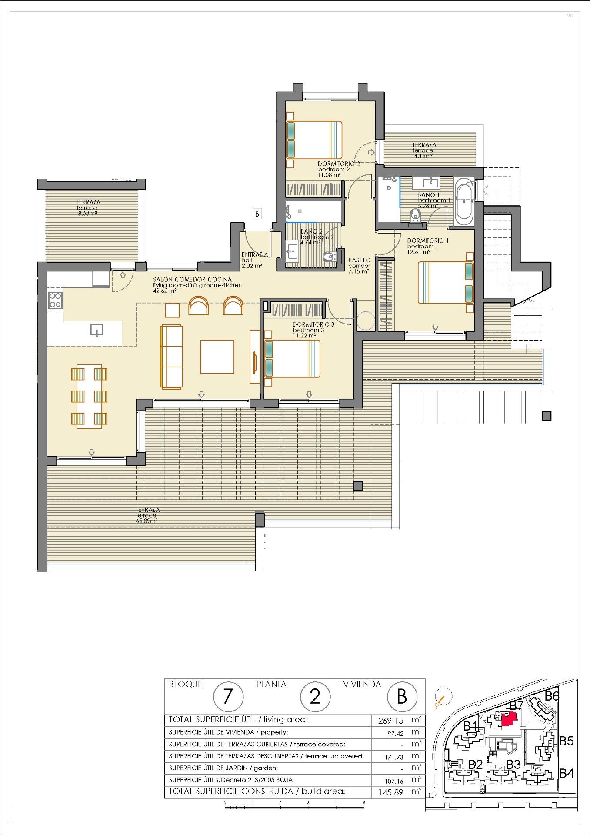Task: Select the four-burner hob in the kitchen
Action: (55, 300)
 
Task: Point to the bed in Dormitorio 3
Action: (292, 359)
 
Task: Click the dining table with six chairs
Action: (90, 396)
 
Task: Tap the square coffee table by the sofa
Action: (217, 357)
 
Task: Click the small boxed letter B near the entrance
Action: (257, 214)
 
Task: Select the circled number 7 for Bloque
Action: (227, 697)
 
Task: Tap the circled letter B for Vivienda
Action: (401, 697)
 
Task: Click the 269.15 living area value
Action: (388, 721)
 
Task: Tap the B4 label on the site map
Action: (566, 773)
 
